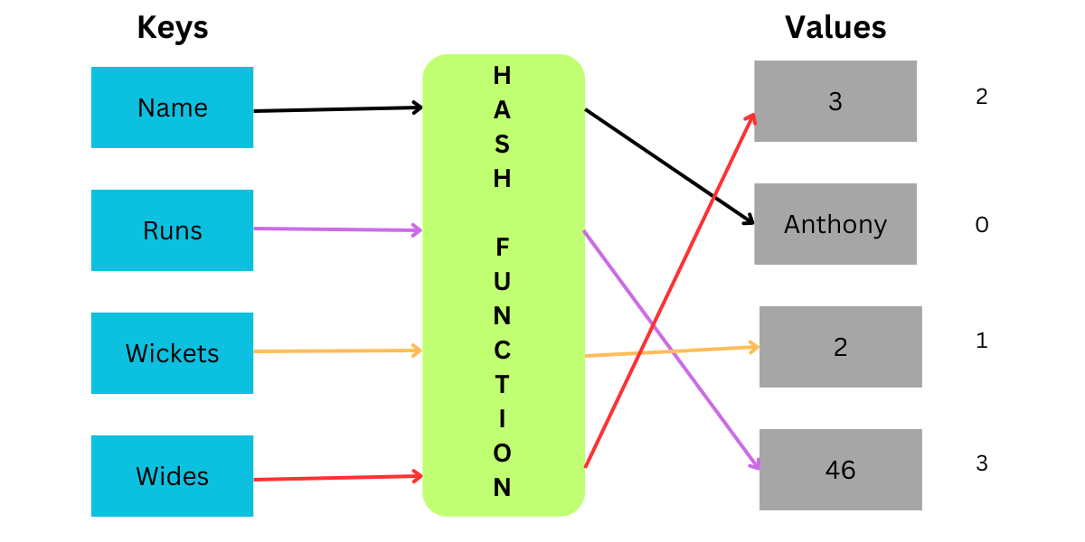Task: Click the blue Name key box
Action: pos(172,107)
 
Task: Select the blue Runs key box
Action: pos(172,230)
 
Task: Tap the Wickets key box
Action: pos(172,353)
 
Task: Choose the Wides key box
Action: pos(172,476)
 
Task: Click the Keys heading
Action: pos(172,28)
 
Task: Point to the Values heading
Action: pos(835,27)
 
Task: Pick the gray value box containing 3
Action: pos(835,101)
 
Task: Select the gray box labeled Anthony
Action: pos(835,224)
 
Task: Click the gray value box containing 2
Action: pos(841,347)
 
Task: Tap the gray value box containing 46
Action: pos(841,470)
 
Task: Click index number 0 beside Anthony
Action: pos(982,224)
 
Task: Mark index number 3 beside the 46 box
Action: pos(982,463)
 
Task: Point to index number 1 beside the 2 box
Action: pos(982,341)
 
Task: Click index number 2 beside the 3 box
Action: pos(982,97)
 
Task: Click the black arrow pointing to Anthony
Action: pos(669,166)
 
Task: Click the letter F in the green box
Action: pos(503,247)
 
